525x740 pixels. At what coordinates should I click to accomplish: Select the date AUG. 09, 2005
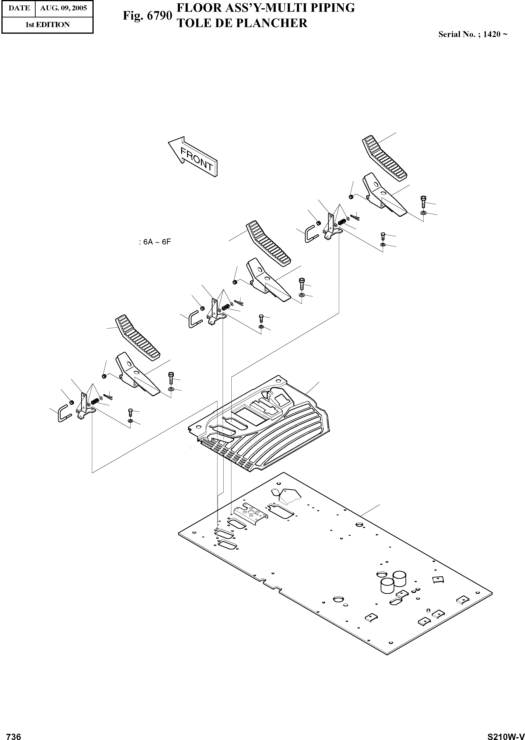(x=63, y=8)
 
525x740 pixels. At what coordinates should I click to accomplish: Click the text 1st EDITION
(x=47, y=25)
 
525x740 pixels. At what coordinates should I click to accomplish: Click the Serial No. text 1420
(x=492, y=34)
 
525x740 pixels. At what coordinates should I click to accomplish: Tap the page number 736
(x=14, y=734)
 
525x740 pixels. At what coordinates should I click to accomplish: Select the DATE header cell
(x=19, y=8)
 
